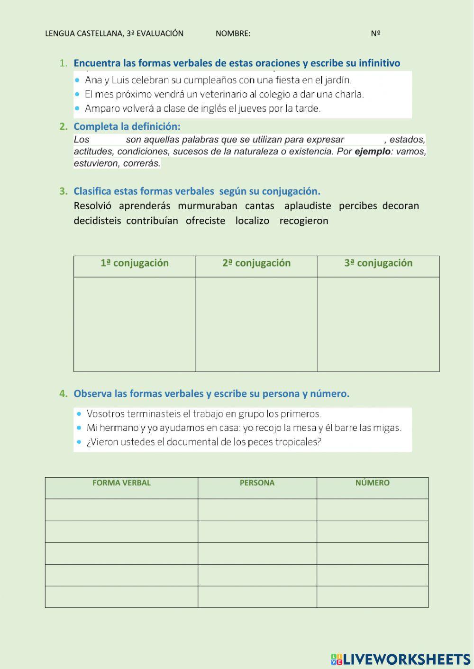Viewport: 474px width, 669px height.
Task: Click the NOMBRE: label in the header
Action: (x=233, y=33)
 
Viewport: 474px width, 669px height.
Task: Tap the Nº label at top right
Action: (x=376, y=33)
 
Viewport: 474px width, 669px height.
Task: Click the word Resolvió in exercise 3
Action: (x=92, y=205)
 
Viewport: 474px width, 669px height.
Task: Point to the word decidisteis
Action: (x=97, y=221)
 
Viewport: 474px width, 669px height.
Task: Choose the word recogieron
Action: (x=303, y=221)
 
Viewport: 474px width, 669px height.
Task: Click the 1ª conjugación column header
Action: (x=135, y=263)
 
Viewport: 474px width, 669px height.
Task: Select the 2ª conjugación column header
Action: (x=256, y=263)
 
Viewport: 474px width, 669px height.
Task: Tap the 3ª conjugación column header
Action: (x=378, y=263)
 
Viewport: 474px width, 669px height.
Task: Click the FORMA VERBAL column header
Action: (x=121, y=483)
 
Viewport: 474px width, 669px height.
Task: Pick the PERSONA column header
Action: (x=257, y=483)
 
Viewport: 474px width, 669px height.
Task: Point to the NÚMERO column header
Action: (x=373, y=483)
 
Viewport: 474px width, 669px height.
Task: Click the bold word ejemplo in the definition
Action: (x=373, y=152)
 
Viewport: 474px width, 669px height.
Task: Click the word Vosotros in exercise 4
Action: (x=106, y=414)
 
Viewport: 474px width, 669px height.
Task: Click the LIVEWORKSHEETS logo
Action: (x=401, y=659)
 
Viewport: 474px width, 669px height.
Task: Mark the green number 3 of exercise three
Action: (x=62, y=191)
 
